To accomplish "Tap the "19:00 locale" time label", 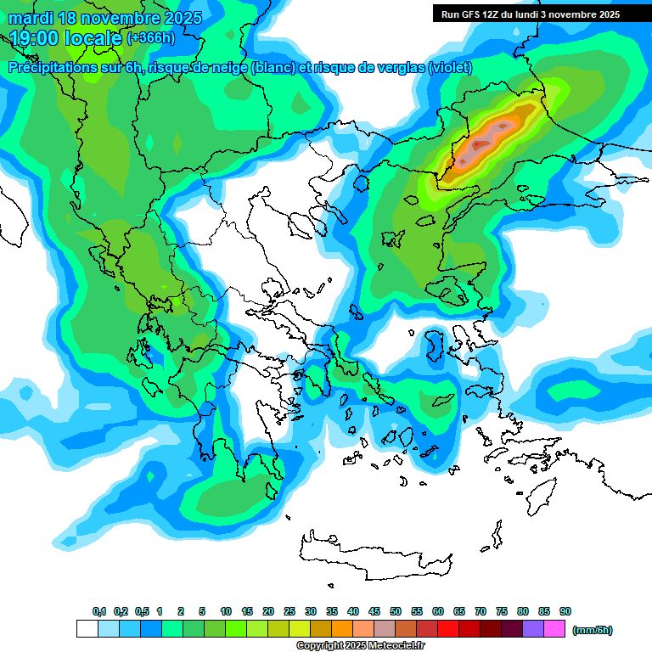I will click(x=66, y=38).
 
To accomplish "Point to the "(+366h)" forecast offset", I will click(x=151, y=38).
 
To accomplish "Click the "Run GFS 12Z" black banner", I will click(x=531, y=14).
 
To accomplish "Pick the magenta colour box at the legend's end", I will click(x=554, y=629).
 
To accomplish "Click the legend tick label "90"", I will click(x=565, y=611).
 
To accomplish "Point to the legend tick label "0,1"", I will click(x=99, y=611).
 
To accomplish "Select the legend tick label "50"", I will click(x=396, y=611).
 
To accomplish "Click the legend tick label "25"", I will click(x=289, y=611).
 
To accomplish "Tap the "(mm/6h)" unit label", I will click(x=592, y=630).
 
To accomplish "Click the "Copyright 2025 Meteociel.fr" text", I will click(x=360, y=646).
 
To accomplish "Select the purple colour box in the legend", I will click(x=533, y=629).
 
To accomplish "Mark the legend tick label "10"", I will click(x=226, y=611).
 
